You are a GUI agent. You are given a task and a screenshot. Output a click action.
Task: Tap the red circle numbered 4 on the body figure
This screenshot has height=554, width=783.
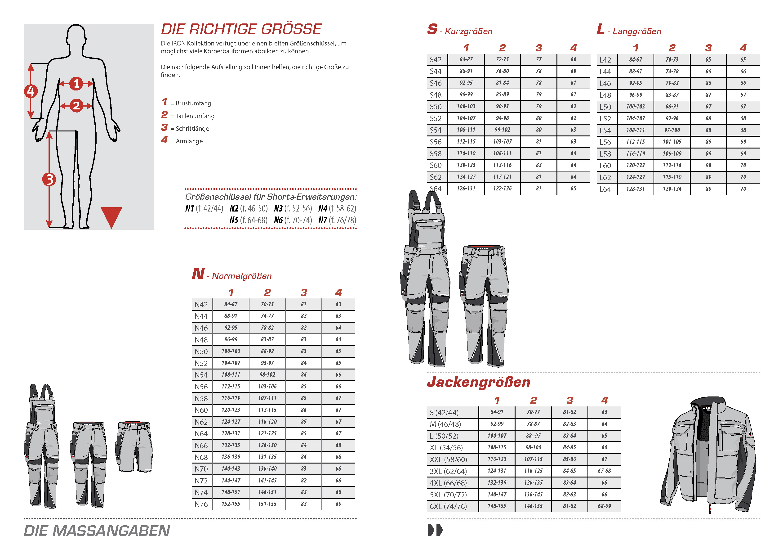coord(31,91)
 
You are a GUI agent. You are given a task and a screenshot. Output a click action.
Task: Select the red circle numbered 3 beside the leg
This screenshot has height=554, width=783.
coord(49,179)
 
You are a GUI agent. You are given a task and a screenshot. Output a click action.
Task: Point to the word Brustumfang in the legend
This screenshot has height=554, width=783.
coord(193,103)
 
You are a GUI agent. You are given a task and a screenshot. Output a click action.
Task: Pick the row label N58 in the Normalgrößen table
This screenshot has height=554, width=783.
coord(201,398)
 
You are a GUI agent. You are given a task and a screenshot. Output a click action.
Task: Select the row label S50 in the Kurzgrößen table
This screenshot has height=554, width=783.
coord(436,107)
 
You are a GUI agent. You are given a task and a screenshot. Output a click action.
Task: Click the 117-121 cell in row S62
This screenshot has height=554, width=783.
coord(502,177)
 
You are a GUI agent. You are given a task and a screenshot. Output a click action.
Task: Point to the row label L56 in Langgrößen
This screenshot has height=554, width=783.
coord(605,142)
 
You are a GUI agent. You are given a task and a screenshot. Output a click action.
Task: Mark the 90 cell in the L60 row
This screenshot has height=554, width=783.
coord(708,165)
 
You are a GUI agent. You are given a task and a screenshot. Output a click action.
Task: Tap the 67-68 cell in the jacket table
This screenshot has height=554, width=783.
coord(604,471)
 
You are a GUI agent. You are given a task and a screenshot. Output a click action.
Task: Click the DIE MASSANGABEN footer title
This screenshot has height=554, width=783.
coord(97,531)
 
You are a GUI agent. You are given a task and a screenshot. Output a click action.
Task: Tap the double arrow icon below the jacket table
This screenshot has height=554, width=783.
coord(435,530)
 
